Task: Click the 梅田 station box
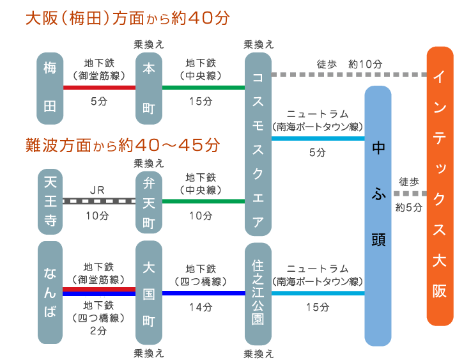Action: coord(50,88)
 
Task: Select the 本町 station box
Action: coord(149,88)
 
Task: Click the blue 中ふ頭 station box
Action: coord(378,216)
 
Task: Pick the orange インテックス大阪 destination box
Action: coord(440,186)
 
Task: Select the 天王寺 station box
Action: coord(50,201)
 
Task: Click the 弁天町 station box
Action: coord(149,201)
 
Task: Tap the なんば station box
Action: coord(50,292)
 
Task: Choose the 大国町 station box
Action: coord(149,292)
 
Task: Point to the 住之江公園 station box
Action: coord(258,292)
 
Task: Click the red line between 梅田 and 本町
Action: coord(100,88)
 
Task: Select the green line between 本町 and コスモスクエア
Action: coord(204,88)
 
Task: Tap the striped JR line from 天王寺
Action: coord(100,201)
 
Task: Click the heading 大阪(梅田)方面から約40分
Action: coord(127,18)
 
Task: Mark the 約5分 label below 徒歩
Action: coord(409,207)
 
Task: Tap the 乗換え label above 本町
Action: coord(149,44)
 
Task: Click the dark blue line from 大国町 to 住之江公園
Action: coord(204,293)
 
